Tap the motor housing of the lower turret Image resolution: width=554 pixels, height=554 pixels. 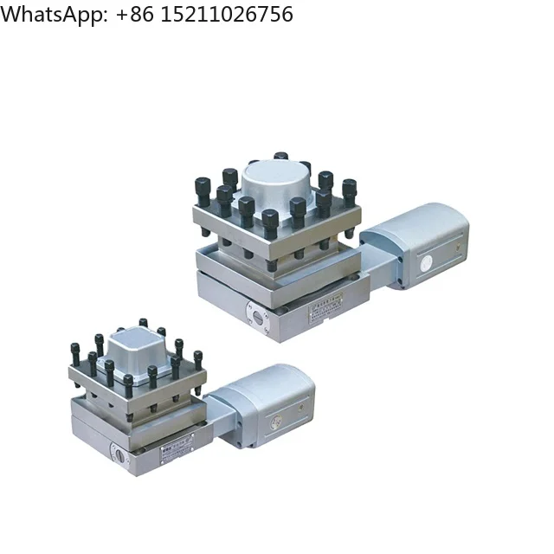point(268,403)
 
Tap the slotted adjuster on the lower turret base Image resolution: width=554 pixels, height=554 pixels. point(118,453)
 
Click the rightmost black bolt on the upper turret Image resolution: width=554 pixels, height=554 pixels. point(349,189)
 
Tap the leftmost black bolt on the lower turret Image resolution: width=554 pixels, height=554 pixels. point(75,353)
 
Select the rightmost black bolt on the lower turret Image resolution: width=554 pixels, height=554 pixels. point(197,358)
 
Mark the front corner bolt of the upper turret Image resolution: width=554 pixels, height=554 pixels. point(269,222)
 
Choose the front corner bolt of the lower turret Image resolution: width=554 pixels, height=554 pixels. point(128,384)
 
